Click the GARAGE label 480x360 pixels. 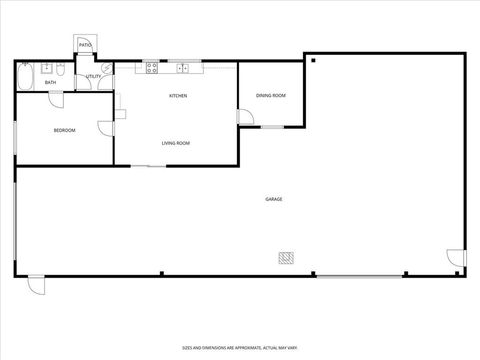tap(273, 199)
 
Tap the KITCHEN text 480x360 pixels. tap(178, 96)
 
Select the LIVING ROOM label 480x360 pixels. tap(176, 143)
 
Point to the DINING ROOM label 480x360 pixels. tap(271, 95)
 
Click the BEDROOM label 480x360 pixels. tap(64, 130)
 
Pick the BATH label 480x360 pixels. tap(50, 82)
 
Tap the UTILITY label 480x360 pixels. tap(93, 76)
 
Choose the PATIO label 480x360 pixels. tap(86, 45)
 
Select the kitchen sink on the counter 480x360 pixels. tap(183, 68)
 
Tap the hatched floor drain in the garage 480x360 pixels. tap(286, 258)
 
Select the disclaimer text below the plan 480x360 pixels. tap(240, 346)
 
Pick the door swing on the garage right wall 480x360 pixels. tap(459, 259)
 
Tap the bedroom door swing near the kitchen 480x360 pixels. tap(105, 127)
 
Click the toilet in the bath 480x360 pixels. tap(61, 68)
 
